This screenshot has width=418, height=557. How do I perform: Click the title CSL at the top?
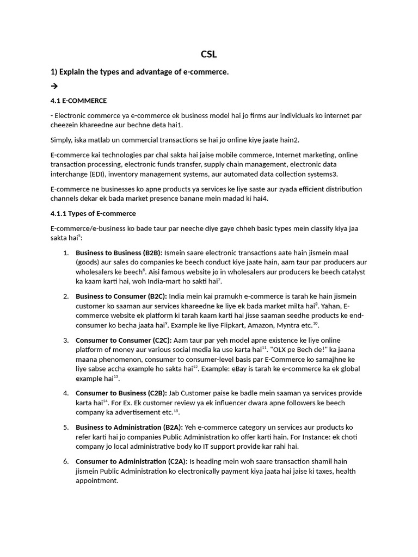coord(209,54)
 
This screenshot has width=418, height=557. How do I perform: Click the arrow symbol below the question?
coord(53,86)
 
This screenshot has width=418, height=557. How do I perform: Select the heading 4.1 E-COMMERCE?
coord(78,101)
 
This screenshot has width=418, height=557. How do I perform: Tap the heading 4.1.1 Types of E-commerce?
coord(93,213)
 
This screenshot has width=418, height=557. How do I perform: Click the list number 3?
coord(66,340)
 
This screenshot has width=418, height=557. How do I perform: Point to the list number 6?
coord(66,461)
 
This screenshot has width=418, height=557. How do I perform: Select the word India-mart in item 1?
coord(163,281)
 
